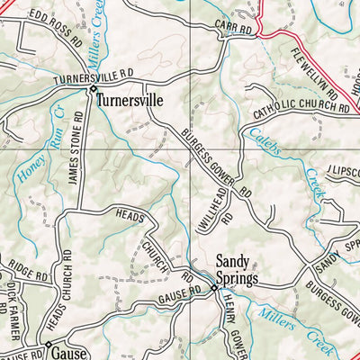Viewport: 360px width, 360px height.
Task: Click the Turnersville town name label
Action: tap(130, 101)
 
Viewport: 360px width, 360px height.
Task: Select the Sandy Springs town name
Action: tap(236, 270)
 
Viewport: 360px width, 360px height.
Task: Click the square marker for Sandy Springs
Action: tap(213, 289)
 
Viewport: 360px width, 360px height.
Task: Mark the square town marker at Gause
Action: tap(47, 344)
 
